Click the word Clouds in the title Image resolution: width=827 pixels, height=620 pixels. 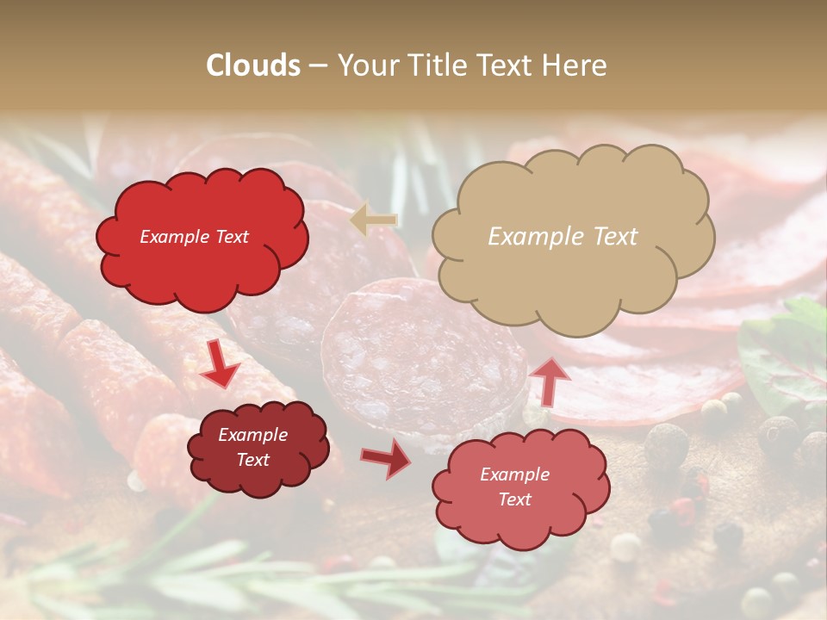253,65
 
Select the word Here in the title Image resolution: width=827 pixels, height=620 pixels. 574,65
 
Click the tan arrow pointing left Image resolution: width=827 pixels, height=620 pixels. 374,220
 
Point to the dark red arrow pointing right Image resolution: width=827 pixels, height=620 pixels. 386,458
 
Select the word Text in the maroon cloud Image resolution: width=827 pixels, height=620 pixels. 253,460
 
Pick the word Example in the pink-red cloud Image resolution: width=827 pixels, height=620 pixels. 514,474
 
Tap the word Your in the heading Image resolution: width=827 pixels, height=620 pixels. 363,65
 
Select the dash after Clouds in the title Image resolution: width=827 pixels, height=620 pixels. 317,66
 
